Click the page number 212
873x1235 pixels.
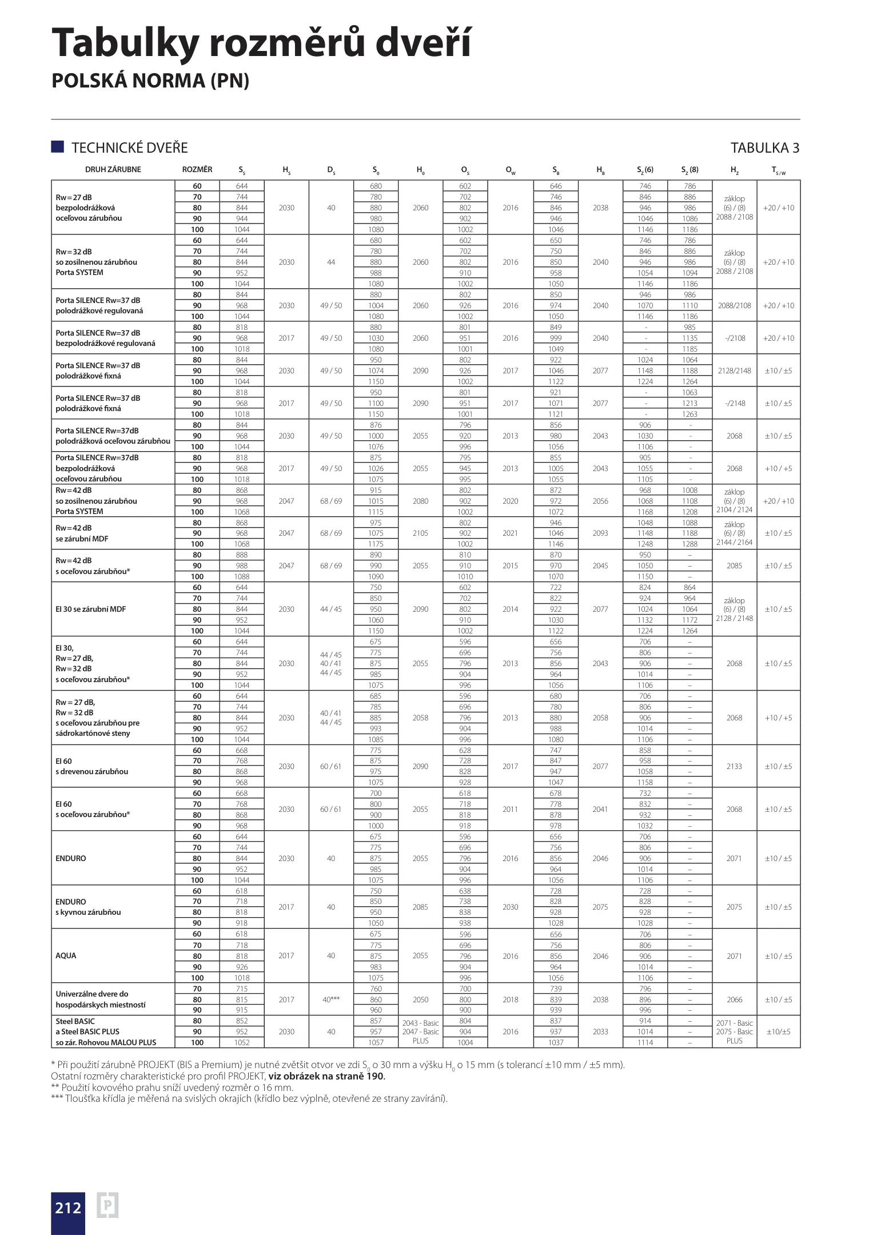point(68,1208)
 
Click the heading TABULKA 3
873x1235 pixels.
point(765,148)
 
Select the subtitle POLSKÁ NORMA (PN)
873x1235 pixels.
point(150,81)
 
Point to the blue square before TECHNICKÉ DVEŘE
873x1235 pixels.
point(57,146)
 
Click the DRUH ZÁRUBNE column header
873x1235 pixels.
point(113,169)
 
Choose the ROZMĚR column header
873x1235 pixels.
point(197,169)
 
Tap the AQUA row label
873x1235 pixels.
point(66,955)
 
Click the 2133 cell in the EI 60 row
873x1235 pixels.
point(734,766)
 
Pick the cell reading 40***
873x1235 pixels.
point(331,999)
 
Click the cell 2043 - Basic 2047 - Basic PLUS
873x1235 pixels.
point(420,1031)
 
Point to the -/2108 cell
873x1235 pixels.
point(734,338)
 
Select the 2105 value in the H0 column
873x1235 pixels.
point(420,533)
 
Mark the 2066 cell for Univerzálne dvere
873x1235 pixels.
point(734,999)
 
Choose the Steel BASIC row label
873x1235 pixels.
point(75,1021)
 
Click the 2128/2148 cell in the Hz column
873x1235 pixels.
point(734,370)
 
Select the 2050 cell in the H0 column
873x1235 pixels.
point(420,999)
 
